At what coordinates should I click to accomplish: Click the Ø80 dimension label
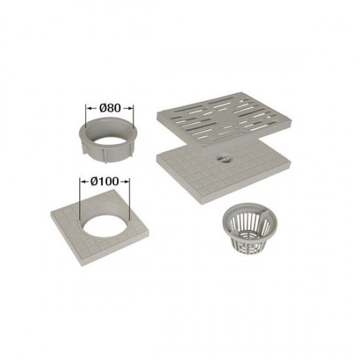(110, 108)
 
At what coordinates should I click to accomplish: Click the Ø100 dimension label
(105, 181)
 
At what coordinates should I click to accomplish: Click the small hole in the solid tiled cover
(223, 159)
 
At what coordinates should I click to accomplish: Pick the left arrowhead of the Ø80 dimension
(88, 108)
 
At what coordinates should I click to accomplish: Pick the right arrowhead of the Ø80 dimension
(131, 108)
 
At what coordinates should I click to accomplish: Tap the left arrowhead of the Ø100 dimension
(82, 182)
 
